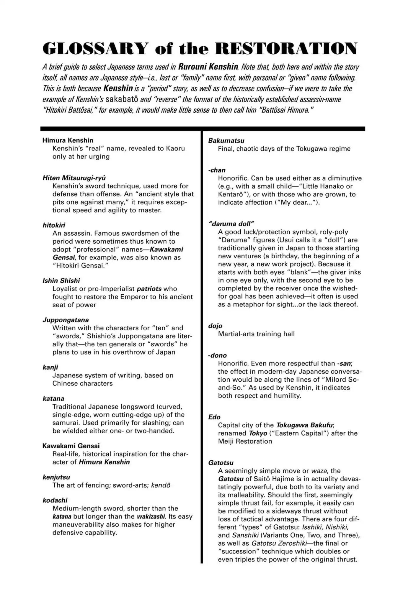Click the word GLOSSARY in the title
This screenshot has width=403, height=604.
pos(95,48)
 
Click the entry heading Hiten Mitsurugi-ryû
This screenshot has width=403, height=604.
pos(74,178)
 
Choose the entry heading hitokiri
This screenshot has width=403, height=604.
pos(54,225)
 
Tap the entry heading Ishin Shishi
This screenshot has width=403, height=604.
pos(61,281)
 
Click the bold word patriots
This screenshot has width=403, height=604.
pos(149,289)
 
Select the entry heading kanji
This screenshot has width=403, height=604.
pos(50,367)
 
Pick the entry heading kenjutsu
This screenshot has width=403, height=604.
pos(56,477)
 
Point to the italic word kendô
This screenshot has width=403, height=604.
pos(161,485)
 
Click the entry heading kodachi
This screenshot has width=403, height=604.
pos(55,500)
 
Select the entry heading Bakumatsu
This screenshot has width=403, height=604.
pos(226,141)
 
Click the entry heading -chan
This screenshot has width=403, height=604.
pos(217,170)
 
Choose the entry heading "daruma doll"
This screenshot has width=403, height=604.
pos(231,224)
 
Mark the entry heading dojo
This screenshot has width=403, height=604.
pos(215,326)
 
